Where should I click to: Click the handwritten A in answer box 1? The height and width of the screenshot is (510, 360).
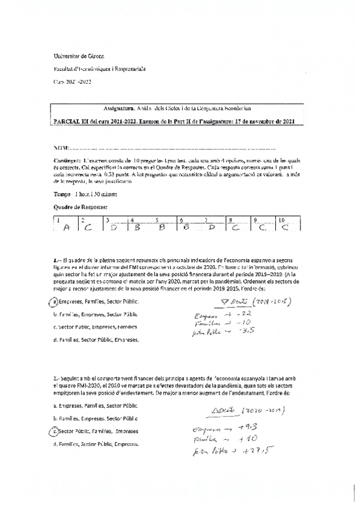pos(66,228)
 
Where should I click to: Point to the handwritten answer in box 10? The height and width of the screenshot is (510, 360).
pos(284,228)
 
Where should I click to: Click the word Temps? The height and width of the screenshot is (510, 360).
pos(62,194)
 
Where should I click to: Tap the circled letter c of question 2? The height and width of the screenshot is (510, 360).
pos(55,432)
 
